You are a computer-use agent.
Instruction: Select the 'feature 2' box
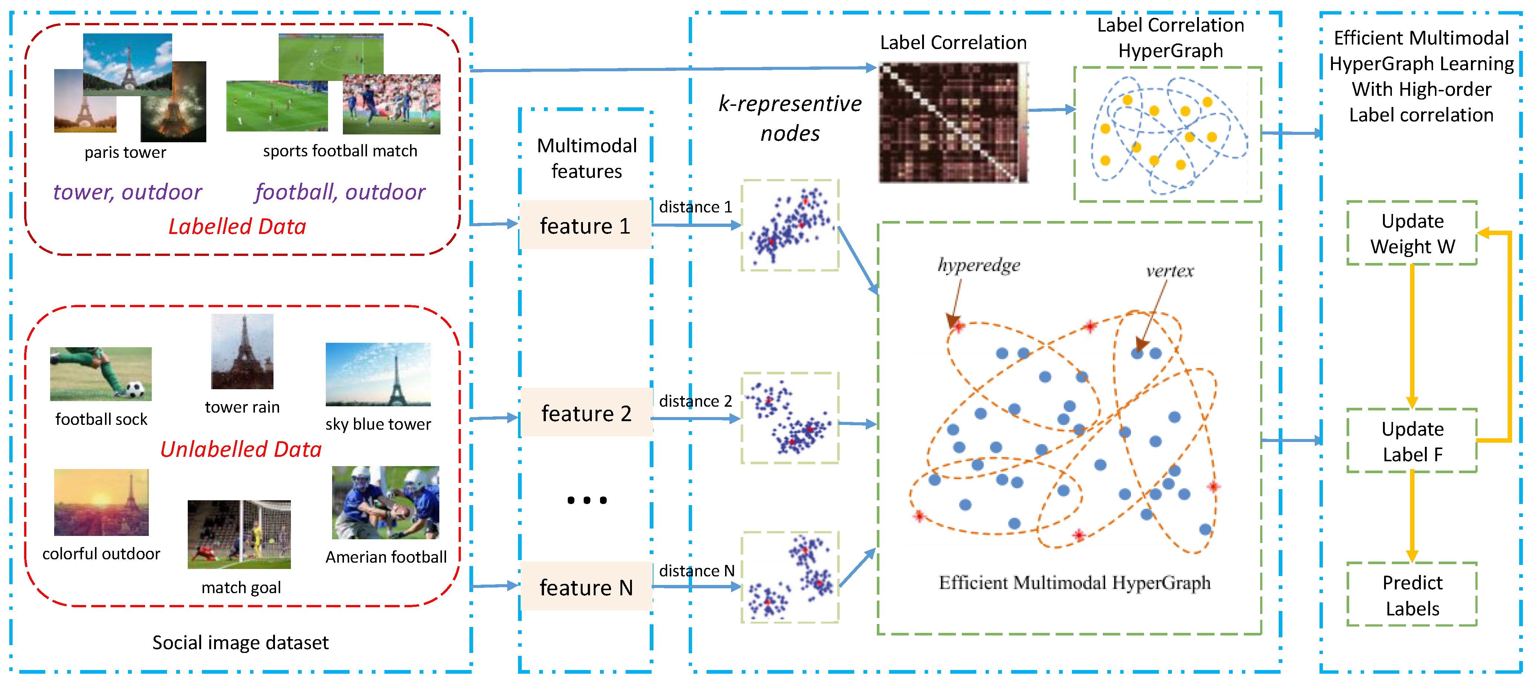(586, 412)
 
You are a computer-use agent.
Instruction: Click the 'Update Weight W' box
(1412, 233)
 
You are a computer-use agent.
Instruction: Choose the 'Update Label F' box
(1412, 441)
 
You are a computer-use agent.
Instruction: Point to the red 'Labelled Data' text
(237, 227)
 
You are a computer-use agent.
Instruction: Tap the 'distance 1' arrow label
(695, 207)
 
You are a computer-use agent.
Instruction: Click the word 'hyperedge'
(979, 264)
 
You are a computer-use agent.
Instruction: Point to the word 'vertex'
(1170, 271)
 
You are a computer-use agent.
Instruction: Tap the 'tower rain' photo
(242, 352)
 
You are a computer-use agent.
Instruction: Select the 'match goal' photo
(239, 534)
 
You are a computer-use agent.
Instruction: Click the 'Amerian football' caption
(386, 557)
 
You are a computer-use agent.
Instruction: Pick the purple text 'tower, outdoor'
(127, 192)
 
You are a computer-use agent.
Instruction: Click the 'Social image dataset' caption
(240, 643)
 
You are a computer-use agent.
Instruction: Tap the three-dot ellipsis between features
(587, 500)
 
